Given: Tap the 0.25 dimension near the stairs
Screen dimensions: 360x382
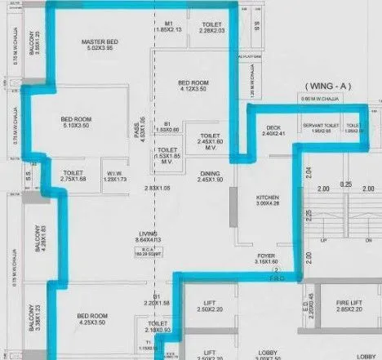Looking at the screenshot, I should tap(347, 184).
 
